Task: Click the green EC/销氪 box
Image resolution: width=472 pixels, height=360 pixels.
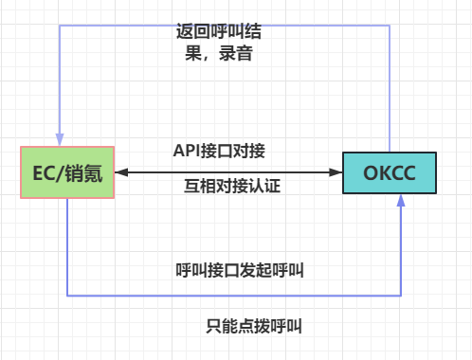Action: tap(67, 172)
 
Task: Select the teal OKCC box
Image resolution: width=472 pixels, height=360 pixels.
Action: tap(390, 172)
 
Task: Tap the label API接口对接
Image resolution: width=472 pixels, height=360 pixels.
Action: tap(219, 151)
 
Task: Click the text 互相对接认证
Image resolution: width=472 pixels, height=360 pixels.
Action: tap(232, 186)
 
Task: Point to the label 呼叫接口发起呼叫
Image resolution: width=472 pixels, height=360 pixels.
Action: tap(240, 270)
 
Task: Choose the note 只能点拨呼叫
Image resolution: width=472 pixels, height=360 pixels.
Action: tap(254, 326)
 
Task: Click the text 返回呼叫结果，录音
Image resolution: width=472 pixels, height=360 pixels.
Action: tap(219, 42)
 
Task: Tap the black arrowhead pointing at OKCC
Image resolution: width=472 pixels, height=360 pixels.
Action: tap(336, 172)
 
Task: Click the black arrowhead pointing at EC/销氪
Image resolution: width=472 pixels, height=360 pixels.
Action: tap(121, 172)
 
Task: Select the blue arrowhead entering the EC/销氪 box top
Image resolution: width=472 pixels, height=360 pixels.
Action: tap(60, 139)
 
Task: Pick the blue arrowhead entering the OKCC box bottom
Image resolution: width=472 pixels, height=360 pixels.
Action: tap(401, 201)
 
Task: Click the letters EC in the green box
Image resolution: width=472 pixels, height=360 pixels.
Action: tap(44, 173)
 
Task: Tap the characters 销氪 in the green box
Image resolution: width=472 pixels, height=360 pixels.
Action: tap(83, 173)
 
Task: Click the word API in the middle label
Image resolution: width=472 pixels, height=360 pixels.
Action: tap(187, 151)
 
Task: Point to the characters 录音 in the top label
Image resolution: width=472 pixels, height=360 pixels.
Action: tap(236, 53)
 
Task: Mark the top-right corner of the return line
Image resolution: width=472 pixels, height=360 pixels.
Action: tap(390, 26)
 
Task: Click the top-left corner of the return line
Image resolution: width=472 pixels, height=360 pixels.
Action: tap(60, 26)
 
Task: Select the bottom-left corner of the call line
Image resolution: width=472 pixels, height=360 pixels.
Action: tap(67, 296)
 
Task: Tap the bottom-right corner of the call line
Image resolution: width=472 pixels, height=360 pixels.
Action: tap(401, 296)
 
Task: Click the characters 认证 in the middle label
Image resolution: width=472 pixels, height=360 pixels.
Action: tap(264, 186)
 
